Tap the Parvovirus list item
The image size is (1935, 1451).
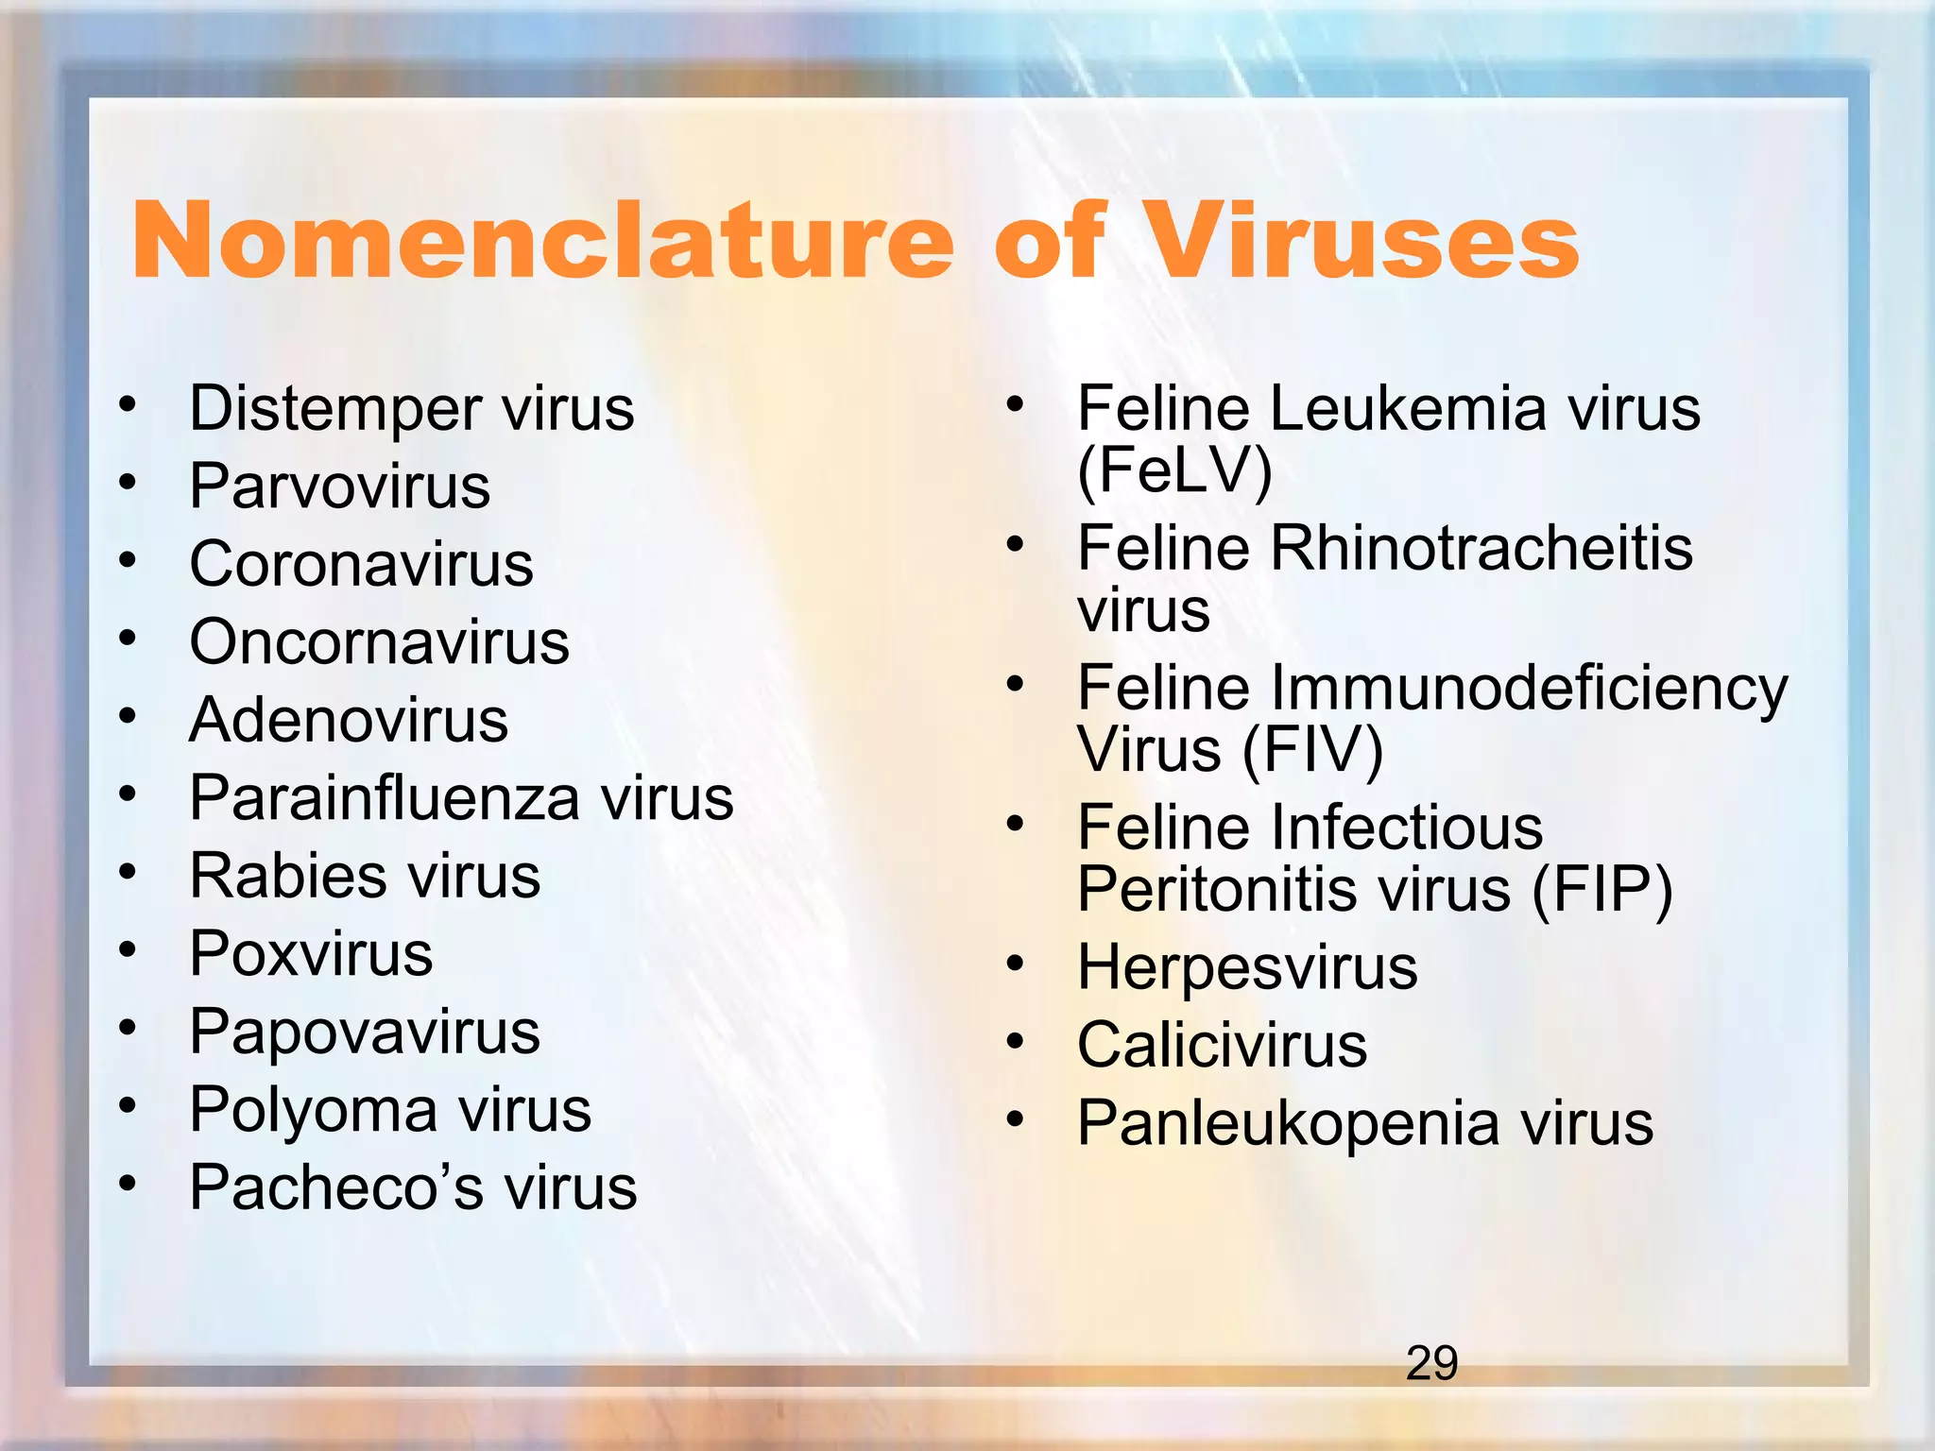[340, 487]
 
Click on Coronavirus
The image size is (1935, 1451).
[361, 565]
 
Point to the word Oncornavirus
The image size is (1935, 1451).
[379, 642]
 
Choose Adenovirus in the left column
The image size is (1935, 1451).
[349, 721]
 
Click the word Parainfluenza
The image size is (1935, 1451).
[384, 798]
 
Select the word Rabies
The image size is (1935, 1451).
[287, 876]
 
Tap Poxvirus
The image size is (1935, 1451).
[311, 954]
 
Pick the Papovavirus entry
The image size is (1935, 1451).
[365, 1032]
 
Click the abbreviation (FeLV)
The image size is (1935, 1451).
[1174, 470]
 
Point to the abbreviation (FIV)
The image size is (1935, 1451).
[1312, 750]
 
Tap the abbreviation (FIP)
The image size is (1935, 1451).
[1601, 890]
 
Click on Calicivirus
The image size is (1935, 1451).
[1222, 1046]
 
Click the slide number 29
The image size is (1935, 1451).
[1431, 1363]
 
